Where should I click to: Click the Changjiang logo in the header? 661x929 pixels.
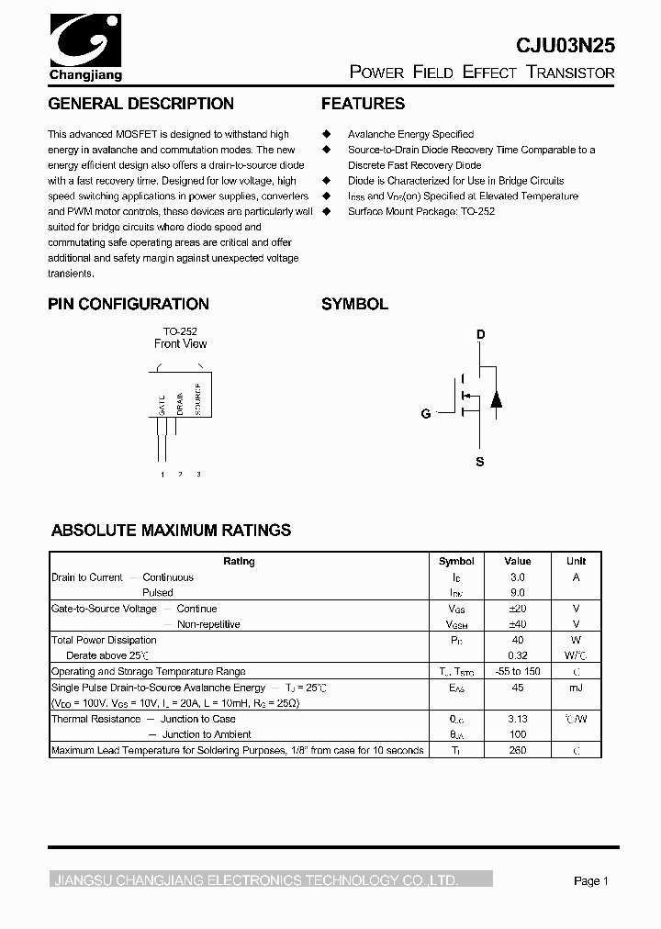point(84,46)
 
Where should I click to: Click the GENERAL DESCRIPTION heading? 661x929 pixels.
point(140,104)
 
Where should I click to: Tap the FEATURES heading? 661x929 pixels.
point(363,104)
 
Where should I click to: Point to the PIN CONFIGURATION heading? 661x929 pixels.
point(129,304)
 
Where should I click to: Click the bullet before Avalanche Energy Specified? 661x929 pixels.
point(325,134)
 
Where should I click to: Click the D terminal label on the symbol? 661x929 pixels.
point(479,335)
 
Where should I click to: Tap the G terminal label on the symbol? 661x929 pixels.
point(426,414)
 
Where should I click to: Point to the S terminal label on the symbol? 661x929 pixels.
point(479,462)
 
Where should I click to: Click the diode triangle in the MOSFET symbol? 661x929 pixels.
point(496,398)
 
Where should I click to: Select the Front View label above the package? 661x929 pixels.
point(180,344)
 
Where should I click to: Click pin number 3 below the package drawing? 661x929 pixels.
point(198,474)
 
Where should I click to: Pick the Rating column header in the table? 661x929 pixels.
point(240,561)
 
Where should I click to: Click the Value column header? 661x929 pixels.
point(518,561)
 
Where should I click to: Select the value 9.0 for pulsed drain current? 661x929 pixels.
point(518,593)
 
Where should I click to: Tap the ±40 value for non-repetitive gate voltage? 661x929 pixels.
point(518,624)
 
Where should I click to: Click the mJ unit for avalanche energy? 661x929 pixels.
point(576,688)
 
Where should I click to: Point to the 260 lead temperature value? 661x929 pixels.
point(518,750)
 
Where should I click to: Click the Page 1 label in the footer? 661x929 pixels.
point(591,881)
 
